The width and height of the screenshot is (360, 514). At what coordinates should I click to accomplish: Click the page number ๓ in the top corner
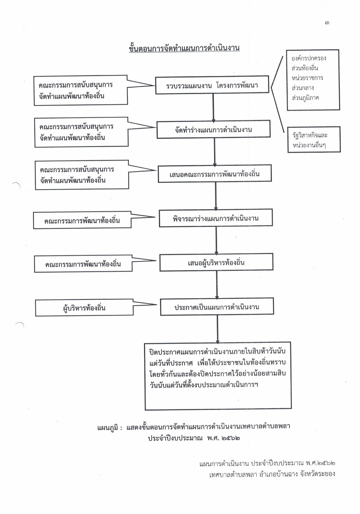(x=327, y=23)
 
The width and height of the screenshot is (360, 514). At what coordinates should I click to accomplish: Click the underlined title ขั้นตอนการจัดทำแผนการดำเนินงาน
(x=184, y=48)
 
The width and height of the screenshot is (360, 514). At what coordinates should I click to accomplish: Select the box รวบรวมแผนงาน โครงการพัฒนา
(x=212, y=85)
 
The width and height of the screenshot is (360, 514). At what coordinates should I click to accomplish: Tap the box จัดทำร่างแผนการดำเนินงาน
(x=213, y=130)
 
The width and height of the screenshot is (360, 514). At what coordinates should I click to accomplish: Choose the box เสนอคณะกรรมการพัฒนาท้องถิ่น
(x=215, y=174)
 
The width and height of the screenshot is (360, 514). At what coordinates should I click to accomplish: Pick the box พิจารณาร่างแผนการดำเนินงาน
(x=216, y=218)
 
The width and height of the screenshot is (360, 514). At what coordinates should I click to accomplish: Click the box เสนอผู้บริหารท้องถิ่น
(x=216, y=262)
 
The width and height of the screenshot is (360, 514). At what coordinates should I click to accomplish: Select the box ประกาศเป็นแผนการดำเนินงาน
(x=217, y=307)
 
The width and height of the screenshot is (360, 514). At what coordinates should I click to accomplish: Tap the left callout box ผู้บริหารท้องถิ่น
(x=84, y=308)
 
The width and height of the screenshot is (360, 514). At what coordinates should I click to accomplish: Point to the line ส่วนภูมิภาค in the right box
(x=305, y=98)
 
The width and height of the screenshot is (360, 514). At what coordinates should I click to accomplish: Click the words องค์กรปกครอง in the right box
(x=309, y=58)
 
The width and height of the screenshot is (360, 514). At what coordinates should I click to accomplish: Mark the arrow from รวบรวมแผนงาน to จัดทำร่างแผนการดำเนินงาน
(x=213, y=107)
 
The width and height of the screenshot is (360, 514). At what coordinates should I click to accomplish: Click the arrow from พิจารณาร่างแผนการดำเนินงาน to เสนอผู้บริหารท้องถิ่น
(x=216, y=240)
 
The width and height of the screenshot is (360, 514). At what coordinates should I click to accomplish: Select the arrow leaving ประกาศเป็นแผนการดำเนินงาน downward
(x=217, y=329)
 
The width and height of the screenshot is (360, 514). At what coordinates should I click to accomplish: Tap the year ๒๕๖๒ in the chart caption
(x=231, y=439)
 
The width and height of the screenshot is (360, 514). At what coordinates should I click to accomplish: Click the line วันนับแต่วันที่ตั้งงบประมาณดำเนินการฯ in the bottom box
(x=204, y=385)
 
